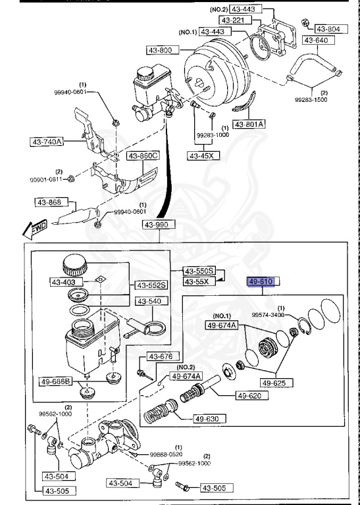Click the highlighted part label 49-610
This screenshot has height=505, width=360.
pyautogui.click(x=261, y=281)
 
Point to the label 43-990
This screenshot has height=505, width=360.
pyautogui.click(x=157, y=225)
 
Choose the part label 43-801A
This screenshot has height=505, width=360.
pyautogui.click(x=249, y=123)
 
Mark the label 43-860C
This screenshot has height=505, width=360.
pyautogui.click(x=143, y=156)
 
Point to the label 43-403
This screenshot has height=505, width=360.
pyautogui.click(x=64, y=283)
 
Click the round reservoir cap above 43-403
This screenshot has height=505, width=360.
pyautogui.click(x=73, y=267)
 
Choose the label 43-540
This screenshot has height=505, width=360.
pyautogui.click(x=149, y=301)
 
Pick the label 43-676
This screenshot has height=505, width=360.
pyautogui.click(x=159, y=356)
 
